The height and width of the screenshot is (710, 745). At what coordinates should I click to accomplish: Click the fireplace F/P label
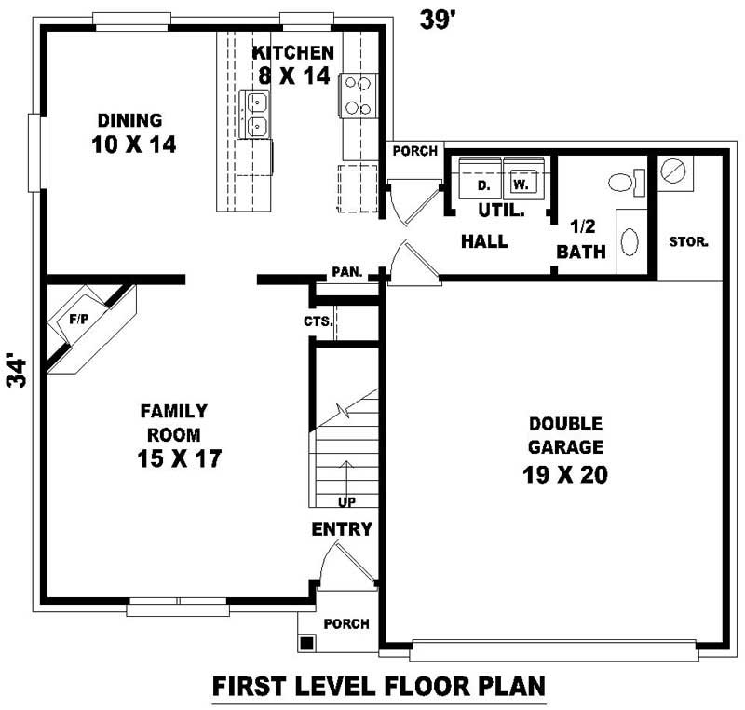pos(78,319)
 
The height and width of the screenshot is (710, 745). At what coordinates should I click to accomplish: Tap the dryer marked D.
pos(483,184)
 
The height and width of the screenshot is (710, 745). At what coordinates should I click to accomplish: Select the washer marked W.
pos(522,184)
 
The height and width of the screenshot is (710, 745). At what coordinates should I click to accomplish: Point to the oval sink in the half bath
pos(630,243)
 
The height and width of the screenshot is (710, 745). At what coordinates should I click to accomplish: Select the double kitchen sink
pos(255,114)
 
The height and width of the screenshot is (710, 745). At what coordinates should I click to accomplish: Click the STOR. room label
pos(689,241)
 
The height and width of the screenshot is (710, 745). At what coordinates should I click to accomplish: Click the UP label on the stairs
pos(346,502)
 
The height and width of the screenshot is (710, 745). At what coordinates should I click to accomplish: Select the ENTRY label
pos(342,529)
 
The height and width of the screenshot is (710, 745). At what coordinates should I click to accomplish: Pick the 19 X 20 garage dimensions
pos(564,474)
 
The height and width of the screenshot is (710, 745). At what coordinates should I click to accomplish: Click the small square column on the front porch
pos(306,642)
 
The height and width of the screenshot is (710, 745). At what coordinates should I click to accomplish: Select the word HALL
pos(484,241)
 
